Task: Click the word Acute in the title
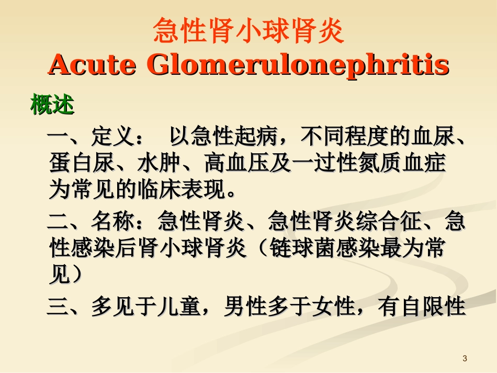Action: (89, 65)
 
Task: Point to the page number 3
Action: (465, 358)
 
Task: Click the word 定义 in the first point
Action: (113, 138)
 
